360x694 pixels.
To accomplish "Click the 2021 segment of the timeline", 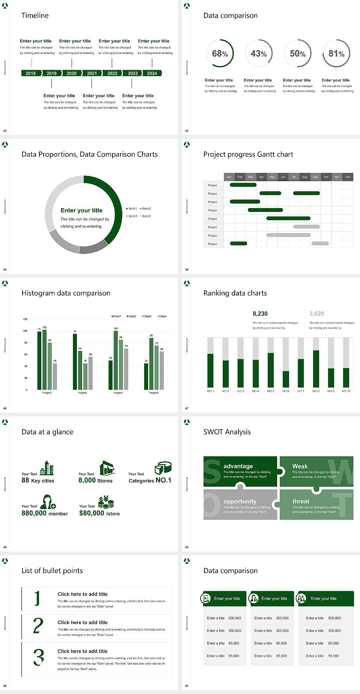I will pos(92,73).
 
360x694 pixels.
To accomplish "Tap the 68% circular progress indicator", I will pos(220,53).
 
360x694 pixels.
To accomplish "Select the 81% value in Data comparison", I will pos(336,54).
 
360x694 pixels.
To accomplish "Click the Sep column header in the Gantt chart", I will pos(315,177).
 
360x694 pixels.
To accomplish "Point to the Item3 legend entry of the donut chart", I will pos(132,216).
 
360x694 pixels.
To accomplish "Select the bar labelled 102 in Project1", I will pos(45,359).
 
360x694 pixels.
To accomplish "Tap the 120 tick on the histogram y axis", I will pos(25,319).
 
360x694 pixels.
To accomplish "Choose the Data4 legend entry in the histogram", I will pos(162,316).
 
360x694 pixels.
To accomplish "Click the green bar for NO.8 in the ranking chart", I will pos(316,368).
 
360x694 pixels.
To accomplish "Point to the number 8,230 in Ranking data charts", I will pos(260,314).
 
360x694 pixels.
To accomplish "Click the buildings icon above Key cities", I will pos(47,468).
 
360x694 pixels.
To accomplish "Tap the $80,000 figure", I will pos(91,513).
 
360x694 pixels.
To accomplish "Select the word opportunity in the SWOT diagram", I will pos(240,502).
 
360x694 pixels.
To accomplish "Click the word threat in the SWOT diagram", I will pos(301,502).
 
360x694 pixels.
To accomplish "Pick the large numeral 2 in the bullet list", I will pos(38,626).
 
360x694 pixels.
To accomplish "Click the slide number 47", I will pos(187,408).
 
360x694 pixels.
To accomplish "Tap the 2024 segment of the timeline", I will pos(152,73).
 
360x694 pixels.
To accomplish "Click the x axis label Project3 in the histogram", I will pos(118,393).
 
